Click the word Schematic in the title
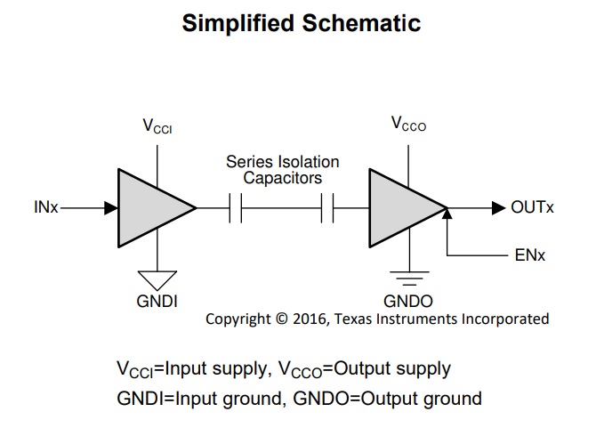(361, 23)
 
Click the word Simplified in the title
(238, 23)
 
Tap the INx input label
(46, 207)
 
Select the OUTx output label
(532, 207)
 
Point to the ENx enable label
(530, 255)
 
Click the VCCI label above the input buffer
(157, 126)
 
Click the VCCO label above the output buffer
(408, 125)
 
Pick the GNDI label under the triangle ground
(157, 302)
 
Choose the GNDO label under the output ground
(408, 302)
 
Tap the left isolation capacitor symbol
(236, 208)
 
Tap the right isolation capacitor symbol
(327, 208)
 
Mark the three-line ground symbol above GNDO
(409, 279)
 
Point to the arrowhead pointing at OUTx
(498, 208)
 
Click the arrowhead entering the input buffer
(111, 208)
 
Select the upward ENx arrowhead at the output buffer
(447, 214)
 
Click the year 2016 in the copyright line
(309, 319)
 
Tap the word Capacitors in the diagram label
(282, 178)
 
